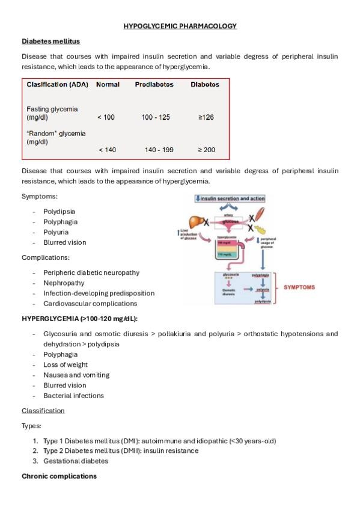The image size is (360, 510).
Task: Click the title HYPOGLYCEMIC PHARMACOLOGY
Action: point(180,26)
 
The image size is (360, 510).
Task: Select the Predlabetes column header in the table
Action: point(154,85)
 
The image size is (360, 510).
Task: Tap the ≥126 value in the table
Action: point(206,117)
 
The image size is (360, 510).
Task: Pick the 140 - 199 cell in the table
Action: point(159,150)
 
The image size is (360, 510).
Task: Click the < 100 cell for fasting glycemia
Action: point(106,117)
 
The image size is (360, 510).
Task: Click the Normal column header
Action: point(107,85)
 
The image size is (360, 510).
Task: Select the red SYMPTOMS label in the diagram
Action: point(299,287)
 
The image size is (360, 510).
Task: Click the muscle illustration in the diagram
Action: point(256,215)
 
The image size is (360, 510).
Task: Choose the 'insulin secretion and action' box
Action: point(230,198)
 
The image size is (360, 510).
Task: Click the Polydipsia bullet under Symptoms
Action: point(59,211)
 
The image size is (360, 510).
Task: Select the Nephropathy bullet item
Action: point(64,283)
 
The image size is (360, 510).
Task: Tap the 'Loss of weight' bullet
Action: point(66,364)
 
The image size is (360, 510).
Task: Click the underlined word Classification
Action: point(43,410)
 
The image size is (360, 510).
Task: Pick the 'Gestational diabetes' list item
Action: point(76,461)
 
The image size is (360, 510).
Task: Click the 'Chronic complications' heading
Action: point(59,476)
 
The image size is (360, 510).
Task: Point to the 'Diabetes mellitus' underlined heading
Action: point(50,41)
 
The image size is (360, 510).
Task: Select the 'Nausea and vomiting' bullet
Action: point(76,375)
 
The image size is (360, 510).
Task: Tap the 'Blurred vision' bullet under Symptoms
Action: point(64,242)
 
